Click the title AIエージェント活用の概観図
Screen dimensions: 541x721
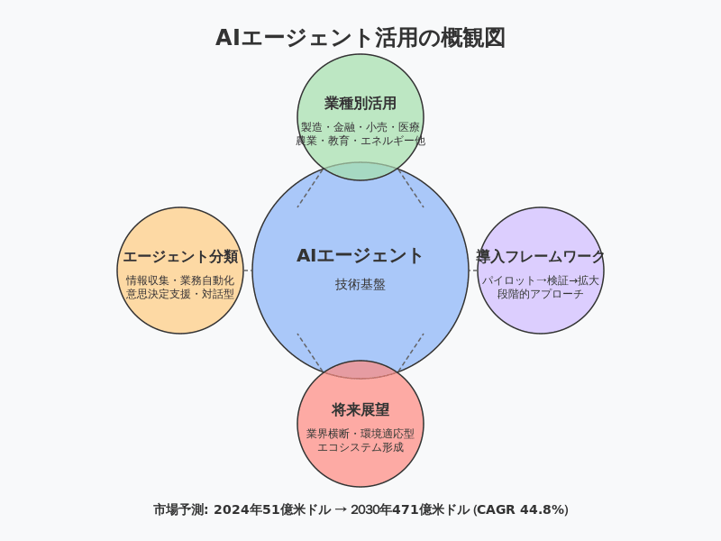click(360, 38)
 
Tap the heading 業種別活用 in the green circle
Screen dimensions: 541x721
click(360, 103)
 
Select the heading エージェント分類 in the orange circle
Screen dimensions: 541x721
click(180, 257)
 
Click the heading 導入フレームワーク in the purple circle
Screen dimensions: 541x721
click(541, 257)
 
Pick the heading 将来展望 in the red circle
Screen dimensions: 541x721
click(360, 409)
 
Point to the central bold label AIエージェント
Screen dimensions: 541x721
click(360, 256)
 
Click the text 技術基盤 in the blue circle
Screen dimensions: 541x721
click(360, 284)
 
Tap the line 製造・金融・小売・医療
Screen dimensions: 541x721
click(360, 127)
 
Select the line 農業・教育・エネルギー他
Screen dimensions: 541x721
click(360, 141)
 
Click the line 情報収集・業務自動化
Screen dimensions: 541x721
click(180, 280)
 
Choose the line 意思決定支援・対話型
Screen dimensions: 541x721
click(180, 294)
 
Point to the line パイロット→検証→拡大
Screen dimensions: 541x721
click(541, 280)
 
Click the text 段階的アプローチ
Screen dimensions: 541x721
click(541, 294)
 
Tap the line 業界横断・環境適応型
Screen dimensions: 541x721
click(360, 434)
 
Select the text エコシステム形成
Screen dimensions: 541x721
click(360, 447)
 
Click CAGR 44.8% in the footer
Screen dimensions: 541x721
click(523, 509)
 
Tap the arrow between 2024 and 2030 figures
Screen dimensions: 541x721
click(341, 509)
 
